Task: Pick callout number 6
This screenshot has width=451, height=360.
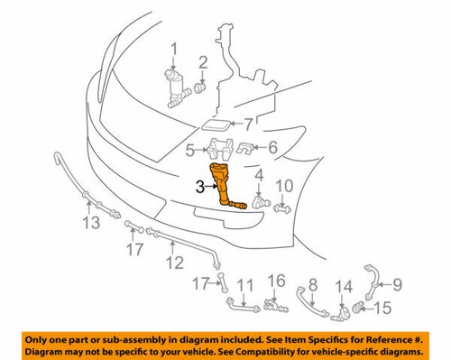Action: (271, 149)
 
